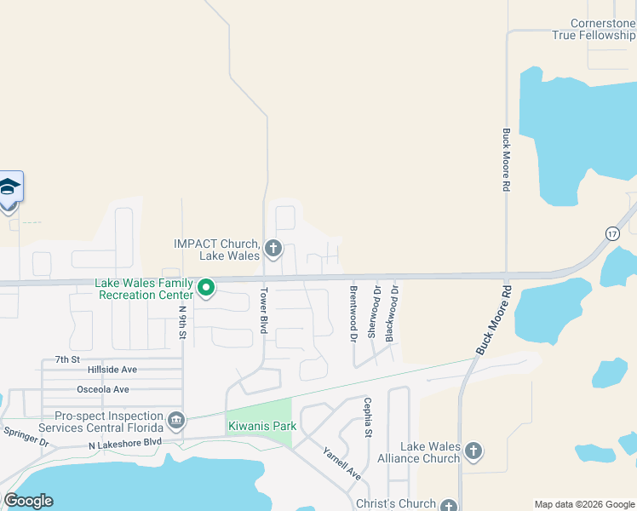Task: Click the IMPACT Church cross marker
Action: pos(273,249)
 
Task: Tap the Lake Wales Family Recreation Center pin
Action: pos(205,289)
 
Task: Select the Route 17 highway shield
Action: pos(611,233)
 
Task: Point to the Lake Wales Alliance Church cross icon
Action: pos(473,451)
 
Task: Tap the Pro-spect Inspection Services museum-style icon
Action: pos(175,419)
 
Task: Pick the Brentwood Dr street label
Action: pos(353,314)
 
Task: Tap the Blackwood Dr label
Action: pos(392,313)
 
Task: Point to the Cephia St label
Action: pos(368,418)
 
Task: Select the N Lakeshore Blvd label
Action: pos(124,444)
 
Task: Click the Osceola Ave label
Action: pos(103,389)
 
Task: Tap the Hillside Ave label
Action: pos(112,370)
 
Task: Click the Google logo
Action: pos(28,501)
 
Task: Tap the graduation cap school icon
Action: pos(9,187)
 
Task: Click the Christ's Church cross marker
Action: pos(449,505)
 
